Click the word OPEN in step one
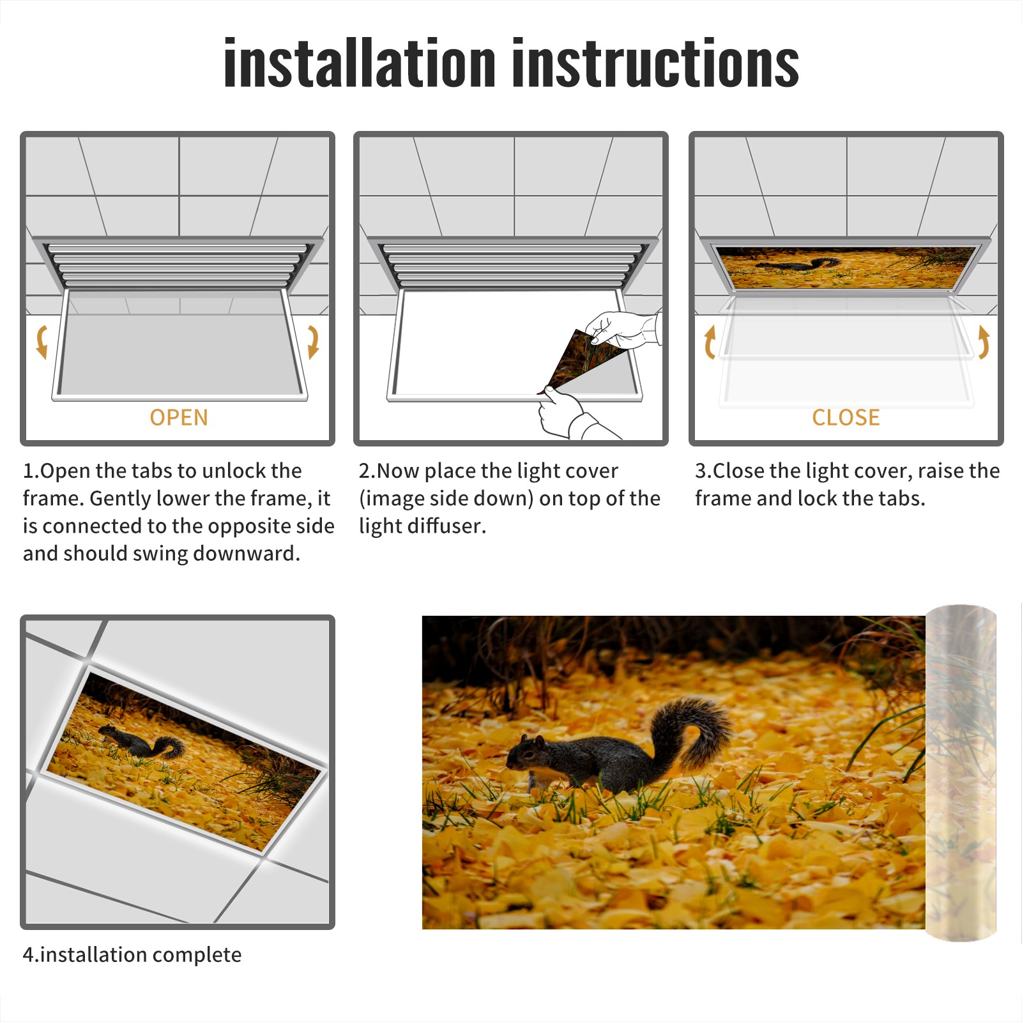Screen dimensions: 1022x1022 [x=179, y=417]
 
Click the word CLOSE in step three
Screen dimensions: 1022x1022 [x=846, y=417]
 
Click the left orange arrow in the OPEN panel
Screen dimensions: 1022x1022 [x=42, y=342]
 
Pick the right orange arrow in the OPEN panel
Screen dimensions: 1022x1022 [x=313, y=342]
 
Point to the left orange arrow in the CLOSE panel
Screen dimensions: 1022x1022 [x=710, y=342]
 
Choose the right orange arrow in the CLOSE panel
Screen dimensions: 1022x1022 [x=984, y=342]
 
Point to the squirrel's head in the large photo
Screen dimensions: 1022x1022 [x=525, y=752]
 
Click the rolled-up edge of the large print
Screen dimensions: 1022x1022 [x=961, y=773]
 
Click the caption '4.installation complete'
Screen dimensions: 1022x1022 [x=132, y=954]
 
